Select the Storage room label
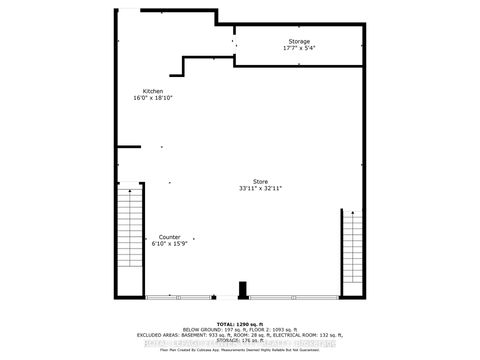(300, 41)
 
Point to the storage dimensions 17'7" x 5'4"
(300, 48)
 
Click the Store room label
(260, 182)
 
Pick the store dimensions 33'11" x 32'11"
(260, 189)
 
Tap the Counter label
(168, 237)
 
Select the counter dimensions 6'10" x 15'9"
(168, 244)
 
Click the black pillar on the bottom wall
(241, 291)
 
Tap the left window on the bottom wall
(178, 297)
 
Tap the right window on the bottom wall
(296, 297)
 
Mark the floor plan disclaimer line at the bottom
(240, 351)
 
